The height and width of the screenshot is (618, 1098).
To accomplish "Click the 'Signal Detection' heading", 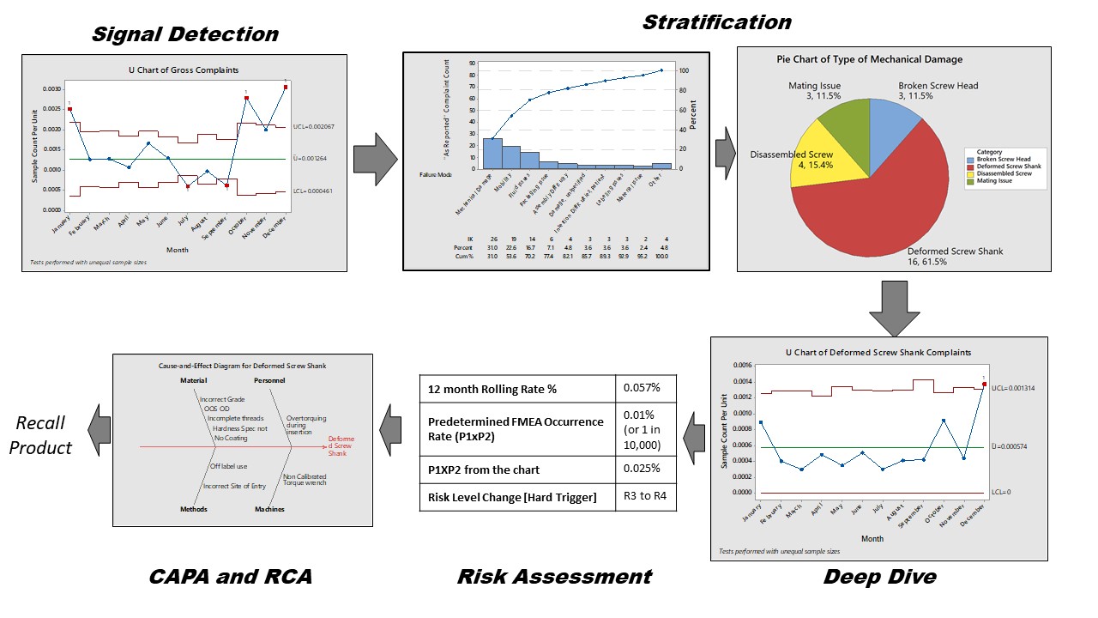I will (x=184, y=34).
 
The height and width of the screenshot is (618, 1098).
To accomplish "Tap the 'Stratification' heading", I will (x=716, y=21).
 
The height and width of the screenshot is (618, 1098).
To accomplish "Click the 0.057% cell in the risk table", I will (x=646, y=389).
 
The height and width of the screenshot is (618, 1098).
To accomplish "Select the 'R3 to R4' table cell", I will (x=646, y=497).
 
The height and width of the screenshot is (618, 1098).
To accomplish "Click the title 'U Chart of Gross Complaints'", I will (x=183, y=70).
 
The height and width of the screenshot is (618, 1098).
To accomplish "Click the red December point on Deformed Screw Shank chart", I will (x=984, y=384).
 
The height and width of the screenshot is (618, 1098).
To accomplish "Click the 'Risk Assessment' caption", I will (x=554, y=577).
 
